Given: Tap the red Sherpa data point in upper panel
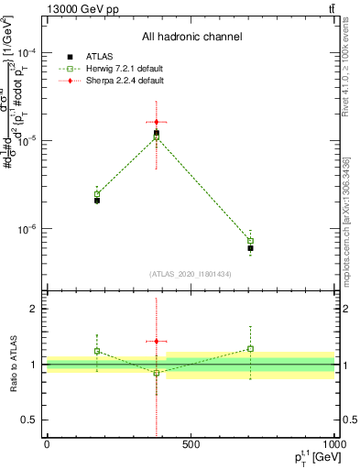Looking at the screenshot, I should [x=157, y=122].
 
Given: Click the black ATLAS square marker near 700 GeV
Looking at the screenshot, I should [x=250, y=248].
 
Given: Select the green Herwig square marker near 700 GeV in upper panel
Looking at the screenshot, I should [x=250, y=241].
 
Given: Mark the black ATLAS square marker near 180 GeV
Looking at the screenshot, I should [x=97, y=200].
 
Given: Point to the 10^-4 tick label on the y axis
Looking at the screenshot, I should [x=27, y=53].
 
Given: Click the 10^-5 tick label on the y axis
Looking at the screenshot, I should [x=27, y=141].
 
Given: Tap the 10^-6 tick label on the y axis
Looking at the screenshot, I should [x=27, y=229].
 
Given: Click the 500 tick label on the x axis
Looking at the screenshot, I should [x=191, y=446].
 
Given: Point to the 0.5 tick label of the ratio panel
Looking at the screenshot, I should [x=31, y=420].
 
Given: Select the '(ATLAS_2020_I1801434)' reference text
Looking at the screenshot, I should [x=191, y=274].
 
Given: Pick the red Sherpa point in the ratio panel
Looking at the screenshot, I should [x=157, y=341].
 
